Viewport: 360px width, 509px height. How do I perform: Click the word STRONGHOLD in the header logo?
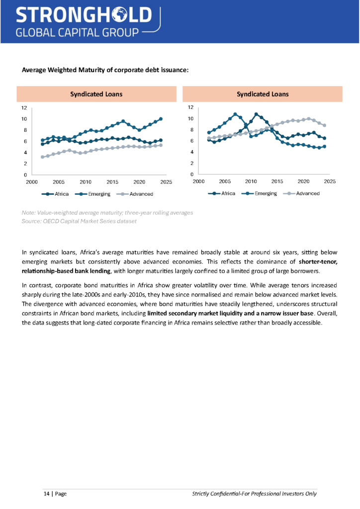coord(83,15)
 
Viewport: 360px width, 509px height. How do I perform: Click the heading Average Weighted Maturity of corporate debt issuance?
coord(105,70)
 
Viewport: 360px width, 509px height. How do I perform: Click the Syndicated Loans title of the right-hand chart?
coord(263,94)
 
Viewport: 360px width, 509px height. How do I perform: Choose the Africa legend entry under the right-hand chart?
coord(228,193)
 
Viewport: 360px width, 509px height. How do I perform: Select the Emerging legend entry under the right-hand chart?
coord(266,193)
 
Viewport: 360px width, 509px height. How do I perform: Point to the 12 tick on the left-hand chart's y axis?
coord(24,107)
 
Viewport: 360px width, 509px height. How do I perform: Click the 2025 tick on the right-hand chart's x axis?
coord(330,182)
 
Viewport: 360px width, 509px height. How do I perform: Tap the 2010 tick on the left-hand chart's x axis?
coord(86,182)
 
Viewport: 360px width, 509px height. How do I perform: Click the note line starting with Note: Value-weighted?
coord(107,213)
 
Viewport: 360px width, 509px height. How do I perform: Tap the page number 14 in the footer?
coord(46,494)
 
